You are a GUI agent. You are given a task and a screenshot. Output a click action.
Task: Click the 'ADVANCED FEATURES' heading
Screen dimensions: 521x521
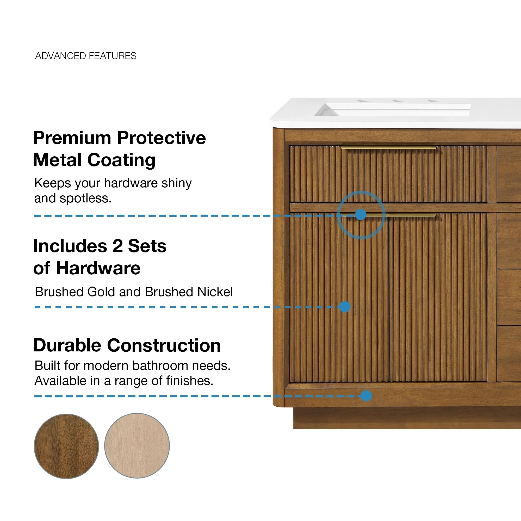click(86, 56)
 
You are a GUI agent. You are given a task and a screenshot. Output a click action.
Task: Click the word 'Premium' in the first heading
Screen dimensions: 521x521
click(72, 138)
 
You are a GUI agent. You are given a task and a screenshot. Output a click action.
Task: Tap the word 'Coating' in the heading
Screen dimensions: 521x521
click(121, 160)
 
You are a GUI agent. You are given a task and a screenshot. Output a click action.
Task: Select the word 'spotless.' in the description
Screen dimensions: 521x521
click(85, 198)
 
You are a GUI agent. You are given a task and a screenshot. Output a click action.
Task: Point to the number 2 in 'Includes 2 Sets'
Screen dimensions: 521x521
click(117, 246)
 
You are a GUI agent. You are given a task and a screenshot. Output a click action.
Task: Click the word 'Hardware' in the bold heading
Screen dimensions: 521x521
click(98, 268)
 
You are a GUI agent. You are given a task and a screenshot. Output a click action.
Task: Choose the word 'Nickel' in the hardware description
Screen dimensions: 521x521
click(215, 292)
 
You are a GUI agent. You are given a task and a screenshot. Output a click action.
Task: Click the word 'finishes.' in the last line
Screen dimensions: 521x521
click(190, 381)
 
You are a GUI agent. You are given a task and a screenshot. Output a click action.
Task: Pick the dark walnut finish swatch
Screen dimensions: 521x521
click(66, 446)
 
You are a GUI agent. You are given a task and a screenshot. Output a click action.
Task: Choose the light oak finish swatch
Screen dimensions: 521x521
click(137, 446)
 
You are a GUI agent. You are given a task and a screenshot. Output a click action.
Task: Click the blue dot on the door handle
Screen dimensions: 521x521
click(361, 215)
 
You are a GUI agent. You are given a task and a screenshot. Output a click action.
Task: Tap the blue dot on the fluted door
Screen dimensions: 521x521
click(345, 307)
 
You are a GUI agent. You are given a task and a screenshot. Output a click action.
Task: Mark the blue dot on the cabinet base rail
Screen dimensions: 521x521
click(366, 396)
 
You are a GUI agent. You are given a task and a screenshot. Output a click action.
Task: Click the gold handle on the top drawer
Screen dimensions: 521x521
click(389, 148)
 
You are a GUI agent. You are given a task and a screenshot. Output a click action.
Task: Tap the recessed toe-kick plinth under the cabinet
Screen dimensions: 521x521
click(407, 418)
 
